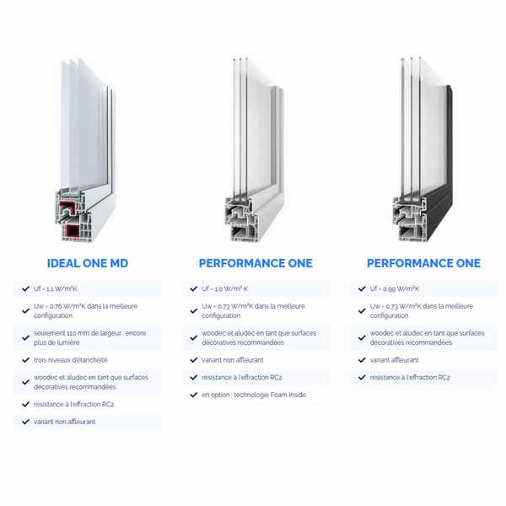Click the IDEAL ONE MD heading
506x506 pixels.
pos(88,263)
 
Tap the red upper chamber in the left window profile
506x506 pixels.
pos(68,208)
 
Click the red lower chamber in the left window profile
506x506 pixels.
pos(73,231)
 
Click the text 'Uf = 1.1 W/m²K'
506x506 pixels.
pos(56,288)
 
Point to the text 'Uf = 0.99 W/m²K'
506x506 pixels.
pos(395,288)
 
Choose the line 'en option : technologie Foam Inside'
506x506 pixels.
pos(254,395)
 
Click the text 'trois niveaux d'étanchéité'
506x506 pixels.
pos(71,360)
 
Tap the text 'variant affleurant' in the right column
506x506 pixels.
pos(395,360)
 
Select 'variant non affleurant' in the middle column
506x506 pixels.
pos(233,360)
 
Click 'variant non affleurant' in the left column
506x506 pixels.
pos(65,422)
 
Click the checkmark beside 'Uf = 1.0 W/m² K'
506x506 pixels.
pos(194,288)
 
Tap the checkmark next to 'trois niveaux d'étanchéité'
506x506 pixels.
pos(25,360)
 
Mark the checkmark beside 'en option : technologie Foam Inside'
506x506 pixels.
pos(194,395)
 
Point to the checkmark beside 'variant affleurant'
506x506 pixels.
pos(362,360)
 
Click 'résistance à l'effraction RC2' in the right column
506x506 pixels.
pos(410,377)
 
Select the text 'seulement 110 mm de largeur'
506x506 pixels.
pos(72,333)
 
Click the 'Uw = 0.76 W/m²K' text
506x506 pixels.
pos(59,306)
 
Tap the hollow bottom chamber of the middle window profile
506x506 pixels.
pos(240,232)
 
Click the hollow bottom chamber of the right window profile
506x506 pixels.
pos(408,232)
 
